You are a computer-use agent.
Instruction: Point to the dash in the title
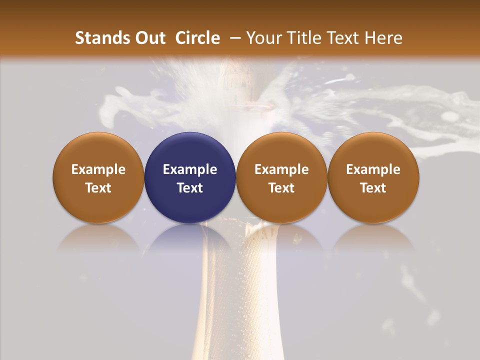(x=232, y=38)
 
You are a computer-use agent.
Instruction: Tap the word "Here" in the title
(x=384, y=38)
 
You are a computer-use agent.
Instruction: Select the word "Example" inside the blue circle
(x=190, y=169)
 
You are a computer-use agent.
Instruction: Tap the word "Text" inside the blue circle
(x=190, y=188)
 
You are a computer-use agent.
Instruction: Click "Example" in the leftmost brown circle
(x=98, y=169)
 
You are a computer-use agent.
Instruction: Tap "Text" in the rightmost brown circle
(x=373, y=188)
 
